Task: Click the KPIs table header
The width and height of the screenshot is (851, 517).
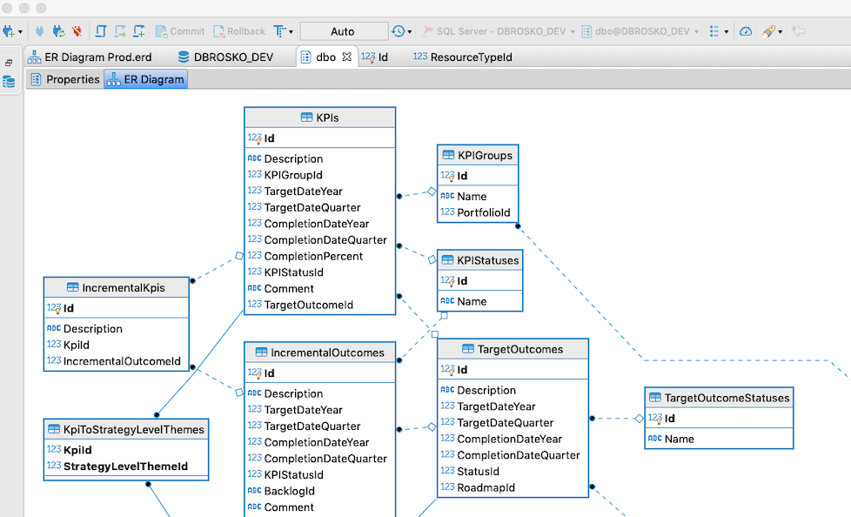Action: point(319,117)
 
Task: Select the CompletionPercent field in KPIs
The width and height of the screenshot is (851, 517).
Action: point(313,256)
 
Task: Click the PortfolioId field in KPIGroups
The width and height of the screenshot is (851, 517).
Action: point(484,212)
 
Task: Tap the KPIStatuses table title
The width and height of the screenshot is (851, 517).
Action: point(487,260)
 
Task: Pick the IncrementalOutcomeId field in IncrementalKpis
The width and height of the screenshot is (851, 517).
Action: point(122,361)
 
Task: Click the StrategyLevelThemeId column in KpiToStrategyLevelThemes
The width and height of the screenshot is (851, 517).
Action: point(125,467)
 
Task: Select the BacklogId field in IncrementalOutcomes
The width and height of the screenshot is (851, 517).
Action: point(289,491)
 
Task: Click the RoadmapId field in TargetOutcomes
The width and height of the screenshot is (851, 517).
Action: point(486,487)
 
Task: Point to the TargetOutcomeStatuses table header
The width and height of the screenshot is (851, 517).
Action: point(727,398)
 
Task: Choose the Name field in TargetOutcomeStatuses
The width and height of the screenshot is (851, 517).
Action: point(679,439)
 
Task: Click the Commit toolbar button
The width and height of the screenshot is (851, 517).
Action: point(180,31)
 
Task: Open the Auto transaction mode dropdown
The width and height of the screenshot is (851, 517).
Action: point(344,31)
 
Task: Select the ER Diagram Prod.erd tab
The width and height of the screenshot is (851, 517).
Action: point(97,57)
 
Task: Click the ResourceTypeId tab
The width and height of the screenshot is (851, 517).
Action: point(471,57)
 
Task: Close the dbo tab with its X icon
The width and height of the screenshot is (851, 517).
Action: point(346,57)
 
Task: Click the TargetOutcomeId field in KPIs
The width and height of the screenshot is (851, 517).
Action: point(308,305)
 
